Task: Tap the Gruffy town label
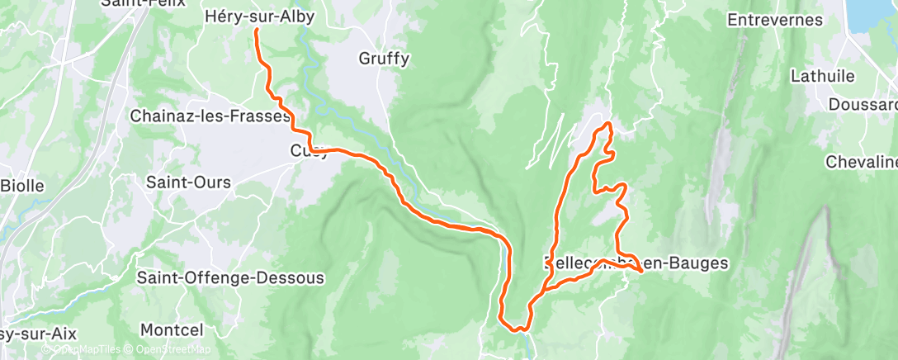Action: [384, 59]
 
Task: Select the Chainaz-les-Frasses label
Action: [210, 116]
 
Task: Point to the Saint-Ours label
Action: [188, 182]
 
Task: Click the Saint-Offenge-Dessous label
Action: [231, 277]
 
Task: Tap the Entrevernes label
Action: [776, 19]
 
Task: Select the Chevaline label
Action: [861, 162]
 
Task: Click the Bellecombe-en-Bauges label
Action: [636, 263]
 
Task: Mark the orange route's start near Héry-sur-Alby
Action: [256, 31]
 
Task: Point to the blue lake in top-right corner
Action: [877, 13]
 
